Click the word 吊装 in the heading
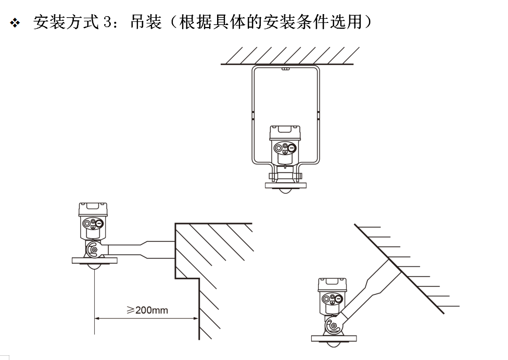coord(146,22)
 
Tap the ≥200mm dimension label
coord(148,310)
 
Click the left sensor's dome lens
coord(94,265)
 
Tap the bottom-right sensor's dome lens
coord(334,344)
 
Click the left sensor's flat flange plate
coord(94,259)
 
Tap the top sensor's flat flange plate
coord(285,185)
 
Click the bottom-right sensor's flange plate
coord(334,338)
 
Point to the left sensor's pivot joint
coord(94,250)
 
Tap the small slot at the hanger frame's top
coord(285,68)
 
